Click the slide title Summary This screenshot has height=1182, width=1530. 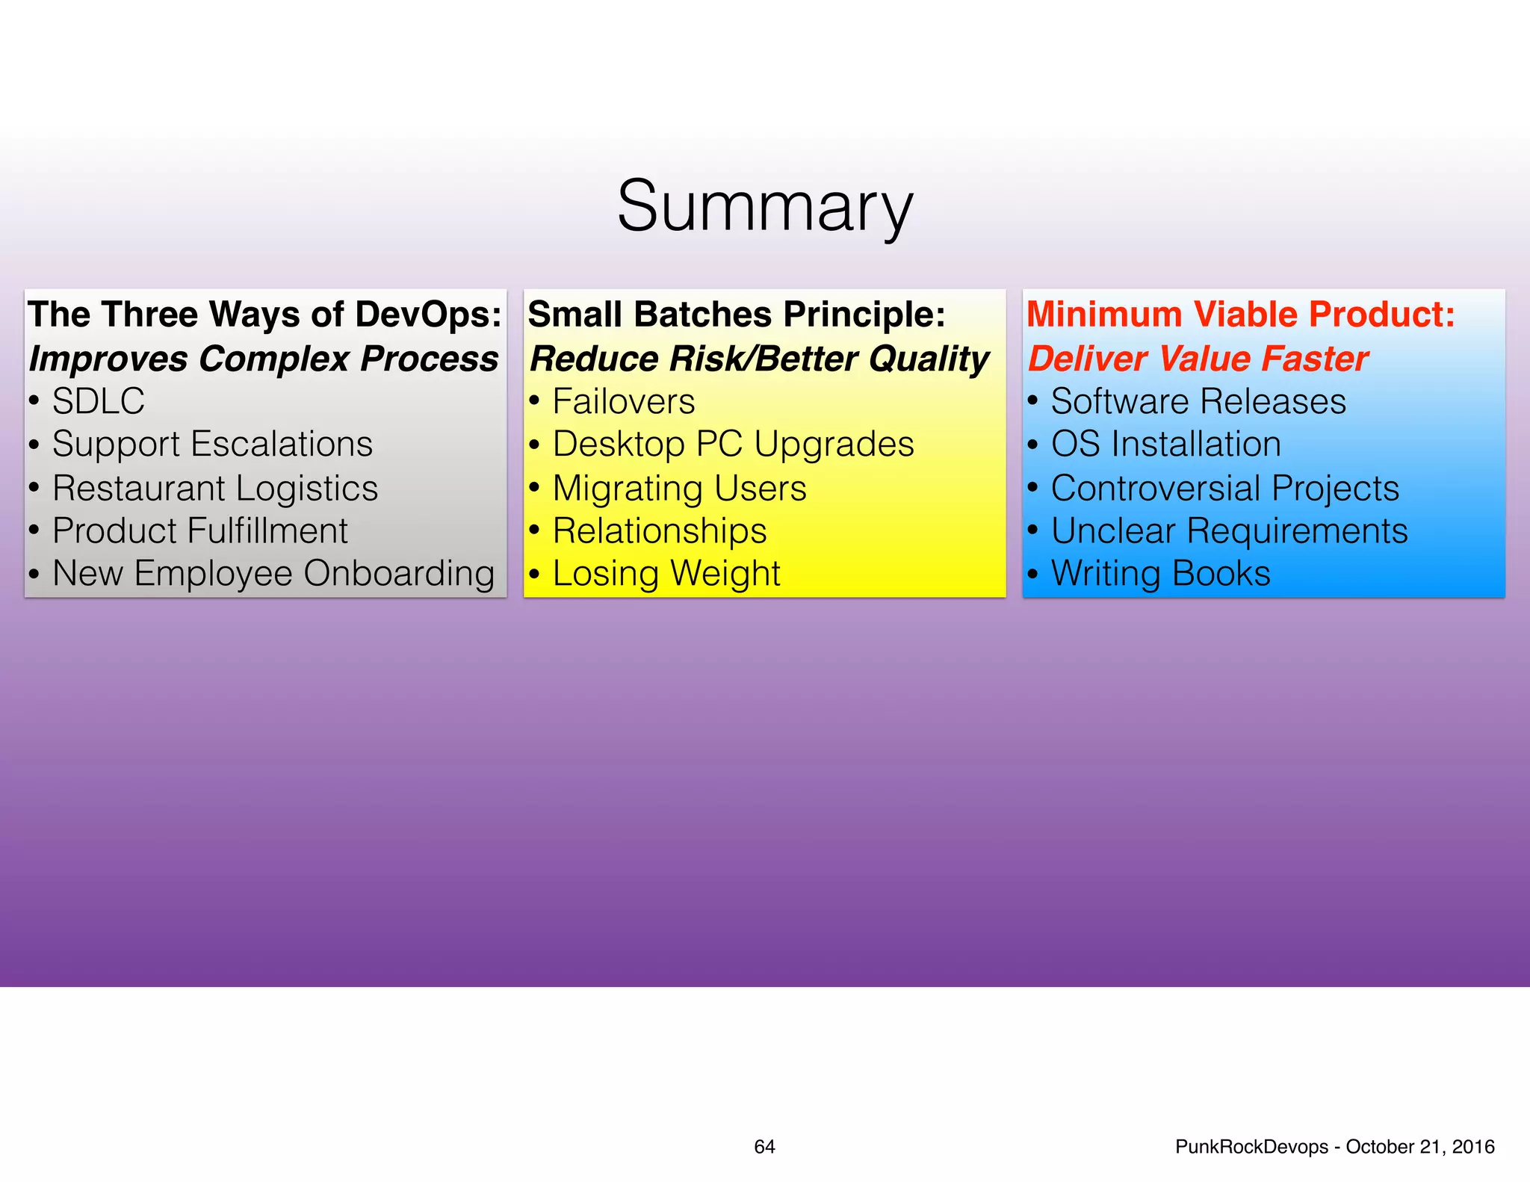click(x=764, y=206)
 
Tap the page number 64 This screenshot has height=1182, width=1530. click(x=764, y=1147)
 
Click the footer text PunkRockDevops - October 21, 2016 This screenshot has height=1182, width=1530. click(x=1334, y=1147)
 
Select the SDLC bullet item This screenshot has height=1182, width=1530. click(x=98, y=402)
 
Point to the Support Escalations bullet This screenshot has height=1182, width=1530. click(x=212, y=445)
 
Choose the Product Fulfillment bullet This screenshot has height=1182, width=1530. click(x=199, y=531)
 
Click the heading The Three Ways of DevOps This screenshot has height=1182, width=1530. click(x=264, y=315)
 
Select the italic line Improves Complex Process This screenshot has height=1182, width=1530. click(x=263, y=359)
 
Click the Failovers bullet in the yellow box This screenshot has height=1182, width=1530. click(x=623, y=402)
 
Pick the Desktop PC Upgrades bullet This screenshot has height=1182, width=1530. click(x=733, y=445)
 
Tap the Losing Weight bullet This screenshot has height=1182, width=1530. click(x=666, y=575)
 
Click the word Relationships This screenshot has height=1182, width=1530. click(x=659, y=531)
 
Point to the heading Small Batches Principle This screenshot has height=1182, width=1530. click(x=736, y=315)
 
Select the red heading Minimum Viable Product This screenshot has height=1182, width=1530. click(x=1240, y=315)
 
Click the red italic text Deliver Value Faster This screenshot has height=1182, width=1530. click(x=1198, y=359)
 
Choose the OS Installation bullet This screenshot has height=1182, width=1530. click(x=1165, y=445)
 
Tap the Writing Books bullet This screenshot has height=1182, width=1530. click(x=1160, y=575)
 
